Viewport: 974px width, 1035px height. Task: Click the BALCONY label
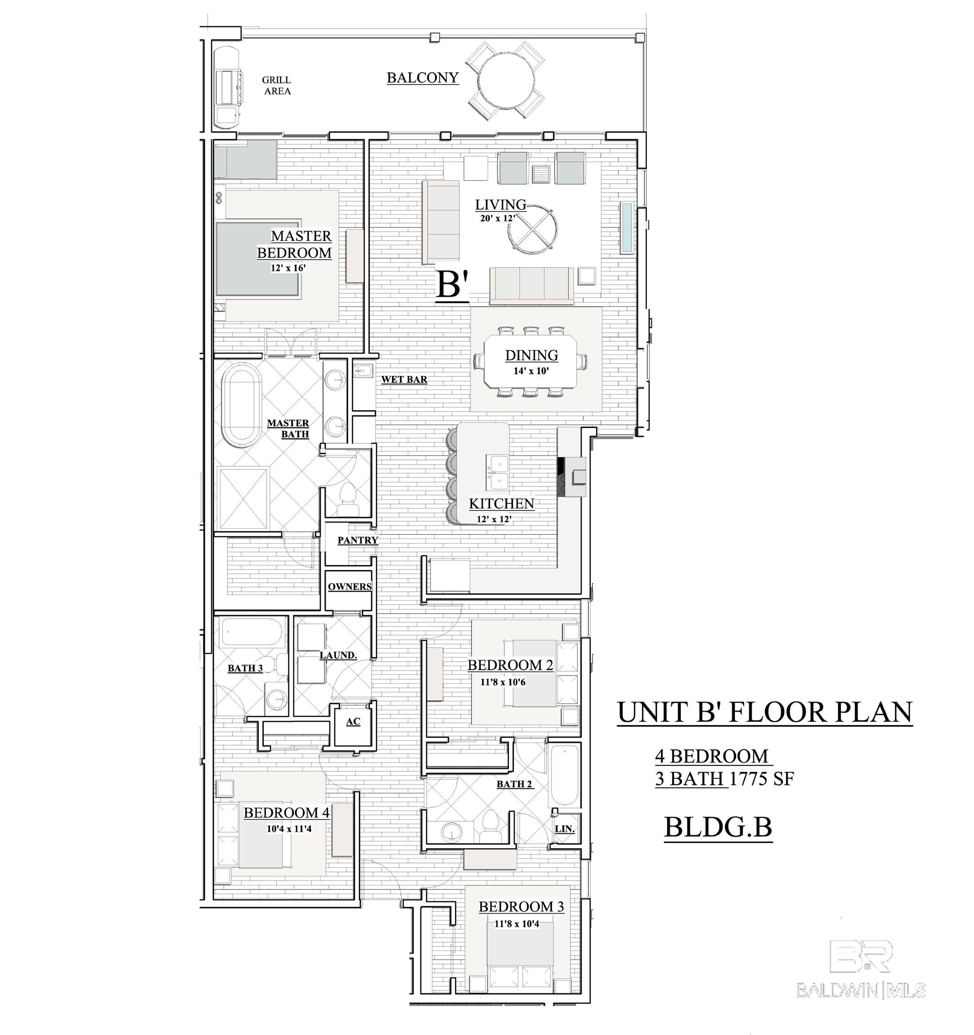pyautogui.click(x=423, y=78)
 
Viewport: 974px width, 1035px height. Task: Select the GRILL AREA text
pyautogui.click(x=276, y=85)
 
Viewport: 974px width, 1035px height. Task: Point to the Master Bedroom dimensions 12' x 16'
pyautogui.click(x=288, y=268)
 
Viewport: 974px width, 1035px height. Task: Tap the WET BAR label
pyautogui.click(x=404, y=380)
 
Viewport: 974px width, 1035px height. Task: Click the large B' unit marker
pyautogui.click(x=453, y=285)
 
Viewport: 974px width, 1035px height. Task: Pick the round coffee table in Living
pyautogui.click(x=532, y=229)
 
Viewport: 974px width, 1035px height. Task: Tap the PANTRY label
pyautogui.click(x=357, y=540)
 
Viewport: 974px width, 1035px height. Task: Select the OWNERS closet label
pyautogui.click(x=350, y=587)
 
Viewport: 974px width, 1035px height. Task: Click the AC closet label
pyautogui.click(x=353, y=721)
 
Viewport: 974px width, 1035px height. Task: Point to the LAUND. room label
pyautogui.click(x=338, y=655)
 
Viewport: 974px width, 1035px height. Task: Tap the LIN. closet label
pyautogui.click(x=565, y=829)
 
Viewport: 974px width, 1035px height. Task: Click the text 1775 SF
pyautogui.click(x=761, y=779)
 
